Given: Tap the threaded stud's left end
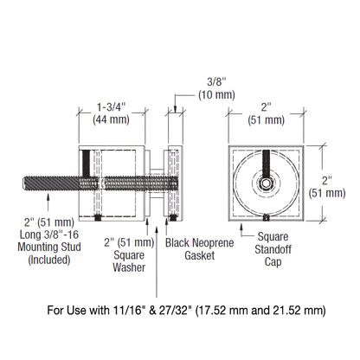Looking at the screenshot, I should (20, 183).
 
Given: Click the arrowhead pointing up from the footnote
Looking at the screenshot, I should (156, 222).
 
